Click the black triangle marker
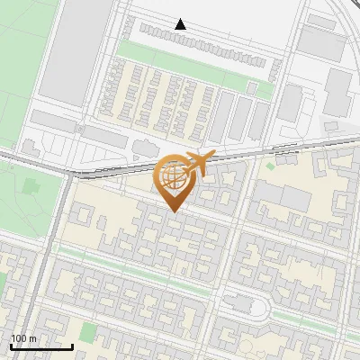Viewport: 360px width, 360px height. pos(181,24)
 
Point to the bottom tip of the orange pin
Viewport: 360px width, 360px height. pos(173,211)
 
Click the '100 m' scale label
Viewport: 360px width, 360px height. pos(23,337)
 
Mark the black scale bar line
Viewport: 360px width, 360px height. pos(41,346)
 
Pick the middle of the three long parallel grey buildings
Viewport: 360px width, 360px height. pos(241,117)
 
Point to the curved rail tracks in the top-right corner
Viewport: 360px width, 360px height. pos(346,13)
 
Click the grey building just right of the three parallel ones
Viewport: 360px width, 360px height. pos(289,103)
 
